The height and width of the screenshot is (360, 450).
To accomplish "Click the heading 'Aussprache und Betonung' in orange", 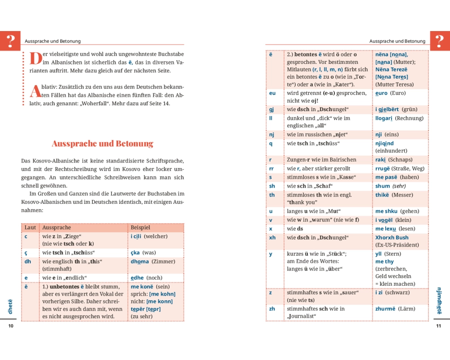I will click(x=103, y=144).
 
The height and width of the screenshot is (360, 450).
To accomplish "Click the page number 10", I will click(x=11, y=326).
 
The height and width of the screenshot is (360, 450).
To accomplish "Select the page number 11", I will click(x=439, y=326).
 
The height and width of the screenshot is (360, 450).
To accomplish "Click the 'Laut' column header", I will click(x=30, y=228).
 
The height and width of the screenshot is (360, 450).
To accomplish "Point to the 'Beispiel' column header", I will click(x=140, y=228).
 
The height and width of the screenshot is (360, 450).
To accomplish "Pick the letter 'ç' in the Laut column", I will click(x=26, y=253).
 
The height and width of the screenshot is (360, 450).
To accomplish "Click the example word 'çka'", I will click(x=135, y=253).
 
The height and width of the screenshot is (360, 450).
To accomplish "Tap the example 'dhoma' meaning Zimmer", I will click(x=139, y=261).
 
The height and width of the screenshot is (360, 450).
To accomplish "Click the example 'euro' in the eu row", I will click(x=381, y=93).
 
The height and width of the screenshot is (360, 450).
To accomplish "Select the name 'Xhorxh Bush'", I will click(x=391, y=238).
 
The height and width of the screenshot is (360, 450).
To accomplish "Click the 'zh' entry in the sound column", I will click(x=272, y=309).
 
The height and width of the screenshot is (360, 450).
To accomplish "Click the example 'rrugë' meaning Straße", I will click(x=382, y=168).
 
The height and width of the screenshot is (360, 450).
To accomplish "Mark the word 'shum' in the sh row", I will click(x=382, y=186).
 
